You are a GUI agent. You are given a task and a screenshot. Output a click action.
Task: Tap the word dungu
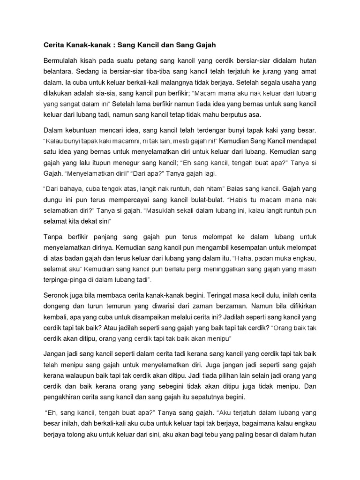tap(52, 199)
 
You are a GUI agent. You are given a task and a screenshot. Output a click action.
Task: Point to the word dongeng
tap(57, 308)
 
